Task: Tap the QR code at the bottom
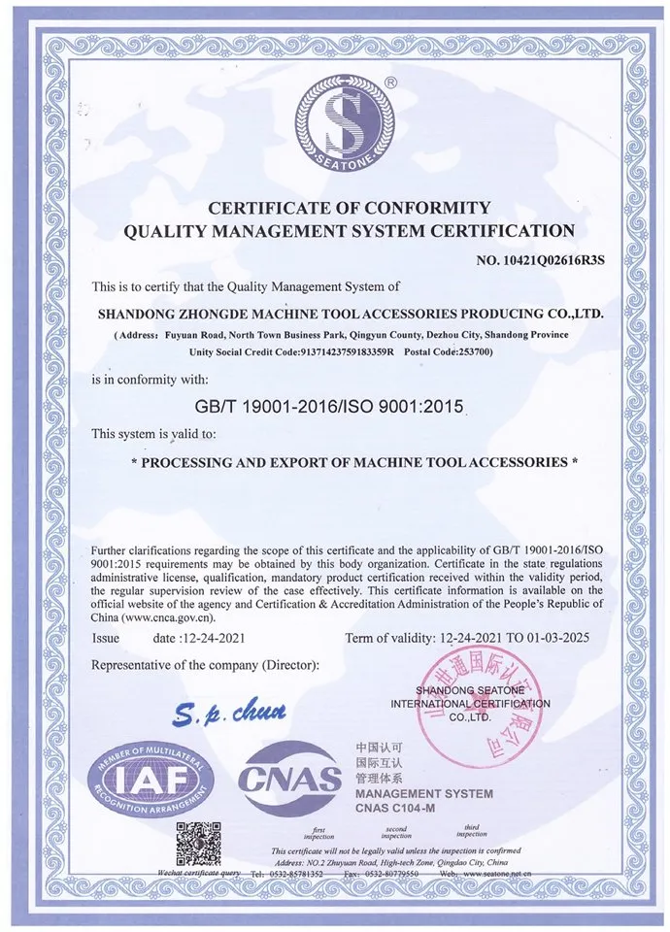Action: point(200,842)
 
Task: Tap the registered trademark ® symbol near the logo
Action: point(389,84)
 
